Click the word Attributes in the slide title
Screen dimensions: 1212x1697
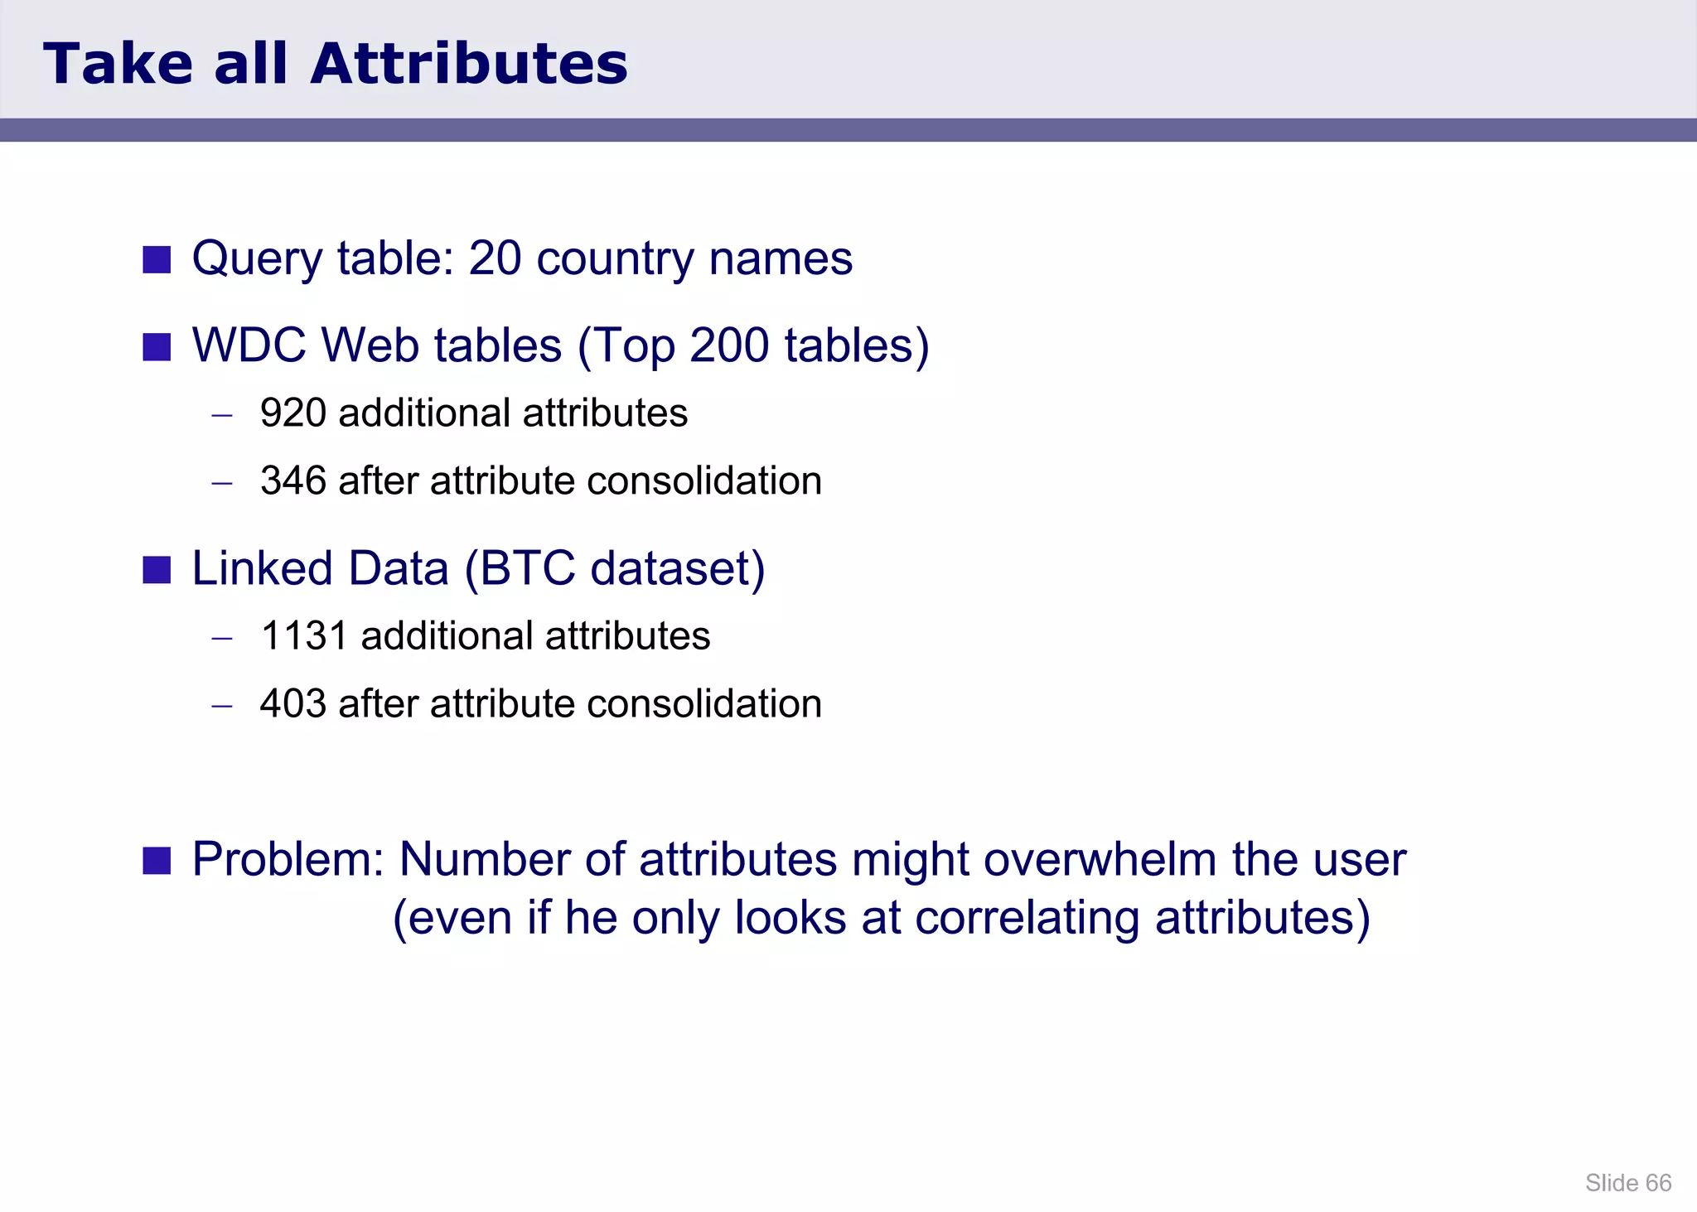(469, 64)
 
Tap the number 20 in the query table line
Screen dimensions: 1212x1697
(495, 258)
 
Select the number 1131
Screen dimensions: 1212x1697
(303, 635)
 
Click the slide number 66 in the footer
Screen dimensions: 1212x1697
(1658, 1183)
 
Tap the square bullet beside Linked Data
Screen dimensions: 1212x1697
(157, 570)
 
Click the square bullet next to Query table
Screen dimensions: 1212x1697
(157, 259)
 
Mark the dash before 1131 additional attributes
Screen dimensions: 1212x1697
(221, 638)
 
